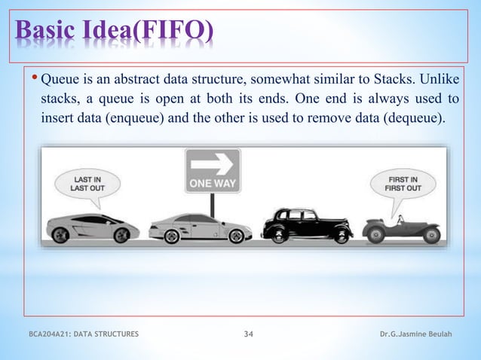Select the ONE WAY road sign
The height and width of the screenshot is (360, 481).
[213, 170]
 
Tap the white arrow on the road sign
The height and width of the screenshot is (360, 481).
[213, 163]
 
